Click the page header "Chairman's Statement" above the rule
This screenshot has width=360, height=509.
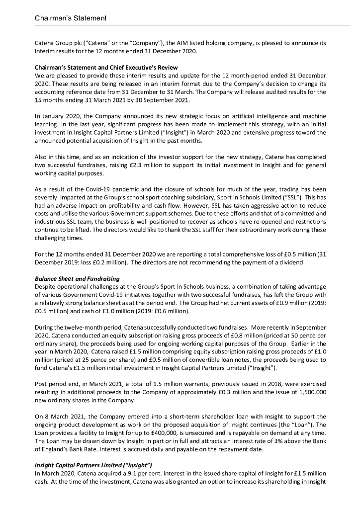(71, 18)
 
